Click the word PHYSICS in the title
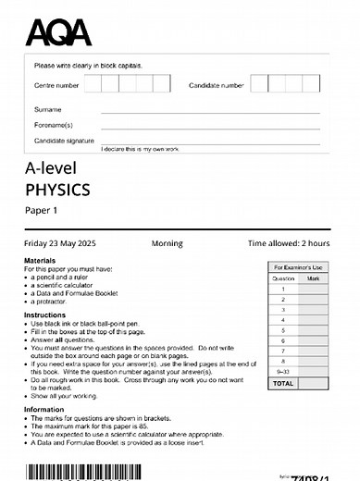[x=57, y=191]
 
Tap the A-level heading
[x=51, y=167]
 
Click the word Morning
[x=167, y=243]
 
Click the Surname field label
[x=47, y=109]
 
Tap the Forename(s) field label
[x=53, y=124]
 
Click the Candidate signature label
[x=64, y=140]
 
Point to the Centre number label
[x=56, y=85]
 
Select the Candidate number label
[x=217, y=85]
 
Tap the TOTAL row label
[x=283, y=382]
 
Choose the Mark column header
[x=313, y=277]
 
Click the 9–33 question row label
[x=283, y=370]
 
